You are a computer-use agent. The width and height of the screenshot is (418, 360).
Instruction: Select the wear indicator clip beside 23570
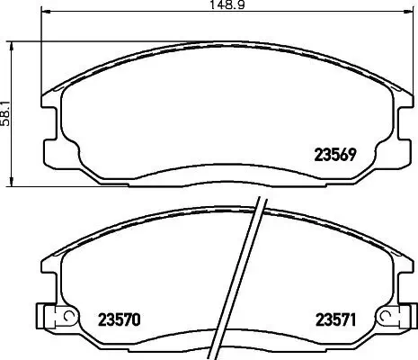pyautogui.click(x=56, y=317)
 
